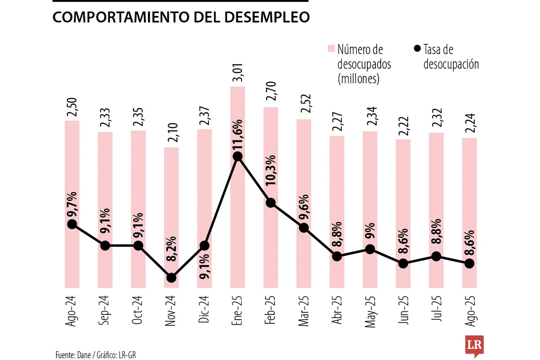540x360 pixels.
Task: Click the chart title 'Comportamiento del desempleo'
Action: tap(181, 17)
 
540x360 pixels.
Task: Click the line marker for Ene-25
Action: tap(238, 157)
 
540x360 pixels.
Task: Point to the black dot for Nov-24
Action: tap(171, 278)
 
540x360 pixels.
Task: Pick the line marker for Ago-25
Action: tap(469, 263)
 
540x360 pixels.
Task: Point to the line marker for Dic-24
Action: tap(204, 246)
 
